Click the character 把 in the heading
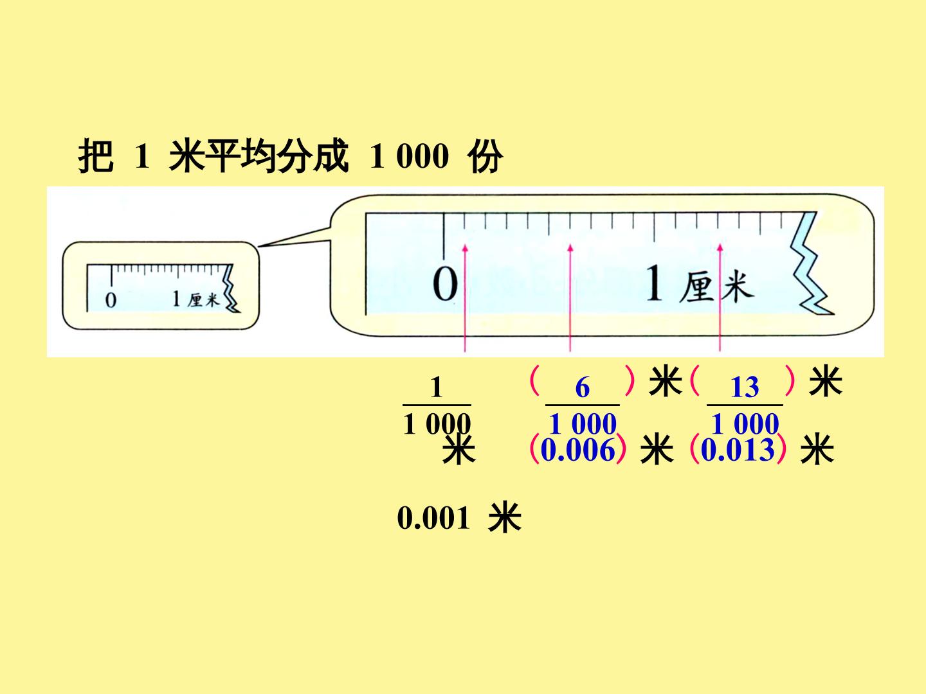tap(96, 156)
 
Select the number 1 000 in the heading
tap(409, 156)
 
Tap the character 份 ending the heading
tap(485, 156)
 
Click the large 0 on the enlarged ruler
tap(444, 283)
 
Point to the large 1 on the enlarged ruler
tap(655, 283)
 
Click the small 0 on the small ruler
tap(111, 301)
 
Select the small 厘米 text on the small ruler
tap(204, 300)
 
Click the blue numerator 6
tap(582, 387)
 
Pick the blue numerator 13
tap(745, 387)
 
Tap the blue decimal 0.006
tap(577, 450)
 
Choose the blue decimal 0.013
tap(738, 450)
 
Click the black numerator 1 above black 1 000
tap(436, 387)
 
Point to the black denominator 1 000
tap(437, 423)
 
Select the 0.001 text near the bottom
tap(433, 517)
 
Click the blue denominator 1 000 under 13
tap(745, 423)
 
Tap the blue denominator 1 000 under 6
tap(583, 423)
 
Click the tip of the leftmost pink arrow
tap(466, 245)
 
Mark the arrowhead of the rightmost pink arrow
tap(720, 245)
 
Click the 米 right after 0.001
tap(505, 517)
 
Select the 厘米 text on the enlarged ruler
tap(716, 287)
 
